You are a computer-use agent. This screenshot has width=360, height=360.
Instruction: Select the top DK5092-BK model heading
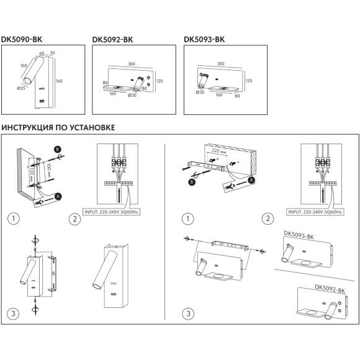coord(112,38)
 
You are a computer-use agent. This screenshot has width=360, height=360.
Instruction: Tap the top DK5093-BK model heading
coord(205,38)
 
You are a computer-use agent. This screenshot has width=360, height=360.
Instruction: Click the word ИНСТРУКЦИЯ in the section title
coord(30,128)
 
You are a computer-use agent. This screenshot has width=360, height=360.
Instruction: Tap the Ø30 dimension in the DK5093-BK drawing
coord(200,92)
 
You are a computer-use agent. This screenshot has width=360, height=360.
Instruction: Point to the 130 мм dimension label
coord(28,171)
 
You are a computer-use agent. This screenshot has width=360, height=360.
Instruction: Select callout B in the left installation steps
coord(58,150)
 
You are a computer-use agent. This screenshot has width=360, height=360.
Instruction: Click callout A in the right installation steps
coord(251,180)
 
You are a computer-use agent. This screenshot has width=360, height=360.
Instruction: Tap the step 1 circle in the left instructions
coord(12,218)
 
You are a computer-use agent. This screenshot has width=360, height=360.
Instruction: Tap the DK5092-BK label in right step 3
coord(330,287)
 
